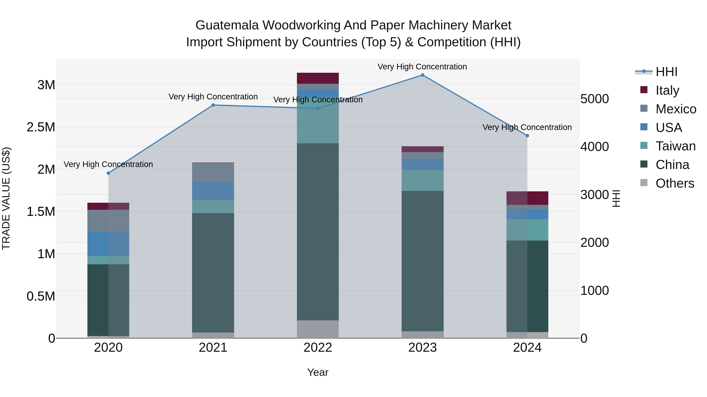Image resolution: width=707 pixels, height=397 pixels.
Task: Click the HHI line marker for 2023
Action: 422,75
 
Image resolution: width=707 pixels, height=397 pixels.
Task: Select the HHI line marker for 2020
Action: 108,173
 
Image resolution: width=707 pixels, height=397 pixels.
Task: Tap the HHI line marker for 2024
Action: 527,136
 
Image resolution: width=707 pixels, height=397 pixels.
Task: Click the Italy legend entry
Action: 667,90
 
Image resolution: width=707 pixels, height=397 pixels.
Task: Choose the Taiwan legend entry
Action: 675,146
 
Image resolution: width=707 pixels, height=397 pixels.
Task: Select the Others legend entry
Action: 675,183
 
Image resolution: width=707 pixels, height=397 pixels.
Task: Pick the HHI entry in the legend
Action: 666,72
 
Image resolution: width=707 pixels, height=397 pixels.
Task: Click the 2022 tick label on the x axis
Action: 318,348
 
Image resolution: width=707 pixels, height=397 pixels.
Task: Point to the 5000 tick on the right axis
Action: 594,99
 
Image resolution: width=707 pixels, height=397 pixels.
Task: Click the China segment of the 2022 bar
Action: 318,232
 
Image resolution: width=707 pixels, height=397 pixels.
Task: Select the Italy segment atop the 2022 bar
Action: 318,78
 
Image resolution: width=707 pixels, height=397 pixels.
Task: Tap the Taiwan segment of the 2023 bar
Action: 422,181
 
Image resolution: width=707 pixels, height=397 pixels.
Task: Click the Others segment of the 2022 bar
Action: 318,329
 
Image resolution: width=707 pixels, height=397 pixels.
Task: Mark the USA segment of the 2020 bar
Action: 108,244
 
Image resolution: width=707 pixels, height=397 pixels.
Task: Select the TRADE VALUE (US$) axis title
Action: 6,198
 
